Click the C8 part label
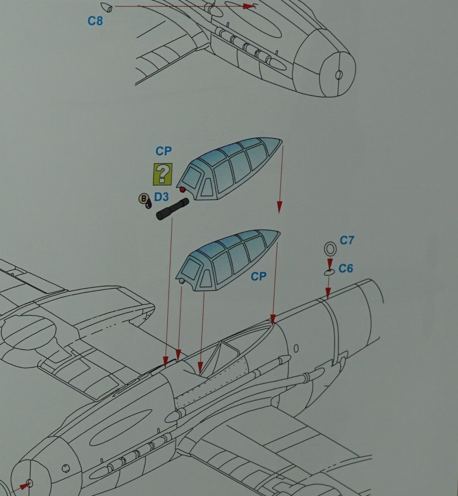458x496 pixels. point(95,21)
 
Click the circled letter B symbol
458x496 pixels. point(143,199)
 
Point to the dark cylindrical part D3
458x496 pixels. point(172,209)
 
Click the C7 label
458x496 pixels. point(347,240)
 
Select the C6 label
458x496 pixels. point(346,268)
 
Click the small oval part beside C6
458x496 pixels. point(329,272)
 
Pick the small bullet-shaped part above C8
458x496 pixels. point(106,7)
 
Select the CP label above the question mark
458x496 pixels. point(164,151)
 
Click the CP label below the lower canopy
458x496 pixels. point(259,276)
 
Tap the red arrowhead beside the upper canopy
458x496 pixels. point(279,207)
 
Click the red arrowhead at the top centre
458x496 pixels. point(249,6)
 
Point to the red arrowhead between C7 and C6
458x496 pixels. point(330,264)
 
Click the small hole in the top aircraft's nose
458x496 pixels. point(339,75)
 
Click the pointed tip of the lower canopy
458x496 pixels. point(280,233)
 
